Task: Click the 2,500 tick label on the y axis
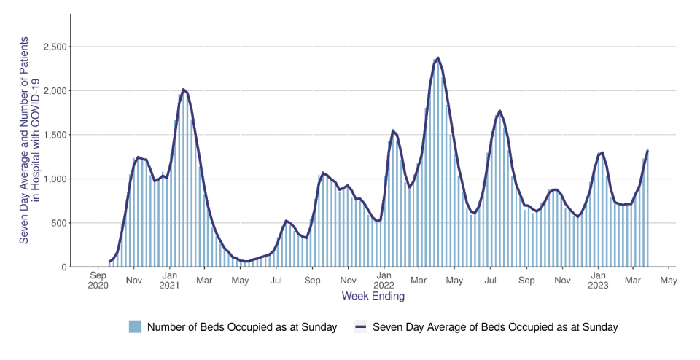point(52,47)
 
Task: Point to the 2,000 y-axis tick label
point(52,91)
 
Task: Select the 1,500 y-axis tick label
point(52,135)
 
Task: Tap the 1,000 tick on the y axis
point(52,179)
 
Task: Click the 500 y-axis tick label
point(57,223)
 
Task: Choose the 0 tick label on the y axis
point(63,267)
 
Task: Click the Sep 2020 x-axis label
point(98,281)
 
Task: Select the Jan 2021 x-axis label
point(170,281)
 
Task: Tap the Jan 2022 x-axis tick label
point(384,281)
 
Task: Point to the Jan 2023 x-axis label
point(598,281)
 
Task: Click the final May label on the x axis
point(669,278)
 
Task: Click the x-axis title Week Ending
point(373,297)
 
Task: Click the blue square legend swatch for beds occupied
point(135,327)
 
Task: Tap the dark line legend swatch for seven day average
point(360,327)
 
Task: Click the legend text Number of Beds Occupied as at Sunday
point(242,327)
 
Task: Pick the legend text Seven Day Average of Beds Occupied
point(495,327)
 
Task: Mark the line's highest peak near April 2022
point(437,58)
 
